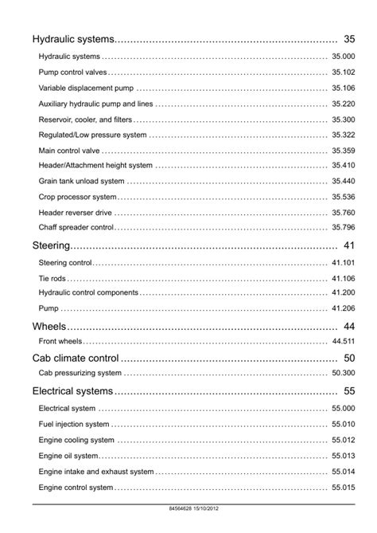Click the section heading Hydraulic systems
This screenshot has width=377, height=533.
coord(73,39)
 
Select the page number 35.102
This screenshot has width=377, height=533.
coord(343,73)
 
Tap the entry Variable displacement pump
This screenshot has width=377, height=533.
coord(86,88)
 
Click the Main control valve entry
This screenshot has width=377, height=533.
coord(69,151)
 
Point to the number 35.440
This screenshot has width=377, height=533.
coord(343,182)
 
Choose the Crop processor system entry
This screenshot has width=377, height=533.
coord(77,197)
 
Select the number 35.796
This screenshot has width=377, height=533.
coord(343,228)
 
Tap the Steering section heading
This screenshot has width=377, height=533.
coord(52,245)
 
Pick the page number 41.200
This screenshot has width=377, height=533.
coord(343,293)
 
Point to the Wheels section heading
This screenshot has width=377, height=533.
coord(49,327)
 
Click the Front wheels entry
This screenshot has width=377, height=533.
coord(61,342)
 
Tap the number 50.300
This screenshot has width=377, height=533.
coord(343,373)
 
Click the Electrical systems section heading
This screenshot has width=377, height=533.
coord(72,391)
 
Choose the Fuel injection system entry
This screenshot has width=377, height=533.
coord(74,425)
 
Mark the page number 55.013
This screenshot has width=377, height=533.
coord(343,456)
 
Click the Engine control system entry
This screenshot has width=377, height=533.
coord(76,488)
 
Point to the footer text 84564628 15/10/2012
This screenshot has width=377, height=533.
coord(188,508)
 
